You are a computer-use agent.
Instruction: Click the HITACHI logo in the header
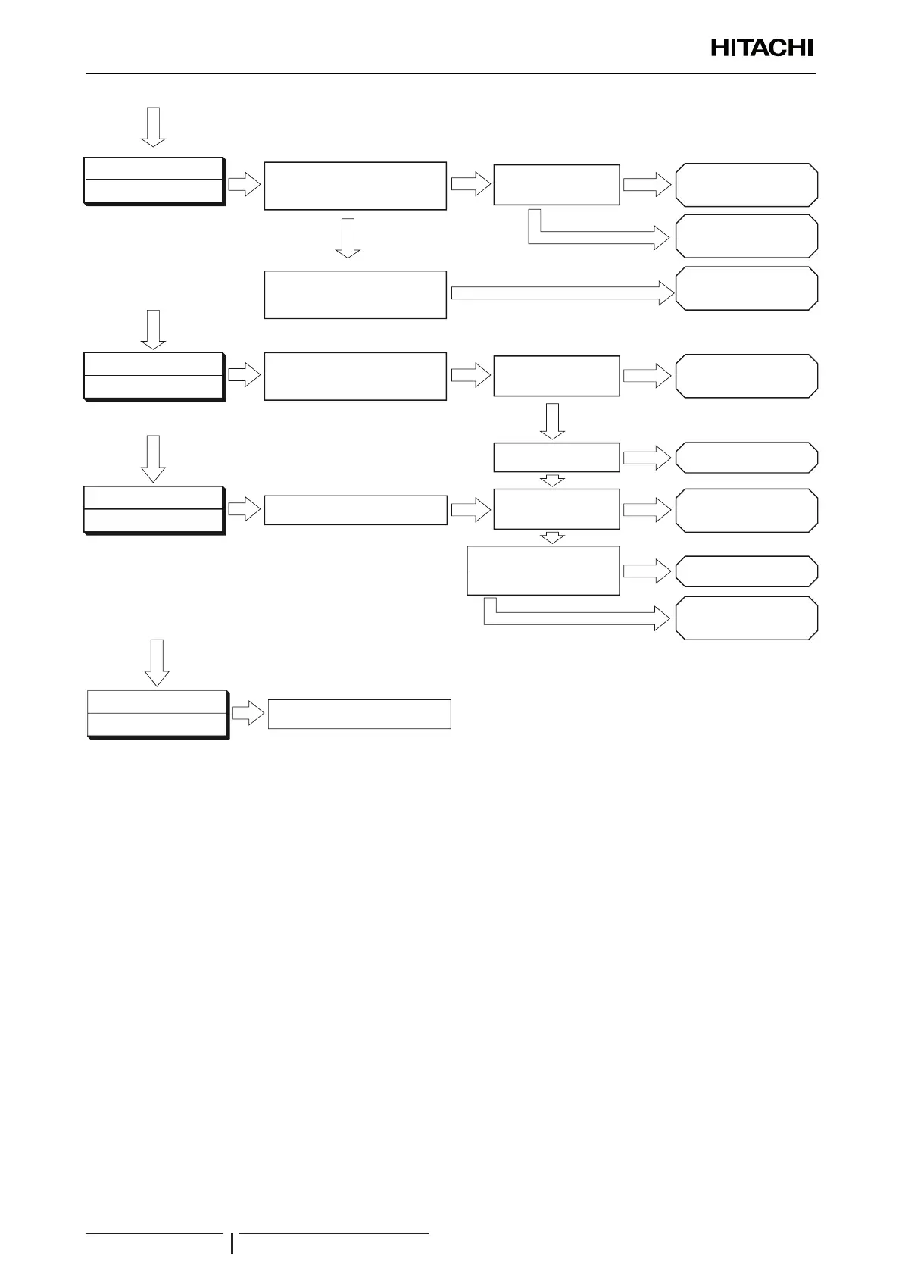761,48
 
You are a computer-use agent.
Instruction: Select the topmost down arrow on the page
154,127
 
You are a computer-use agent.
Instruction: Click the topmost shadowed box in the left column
154,181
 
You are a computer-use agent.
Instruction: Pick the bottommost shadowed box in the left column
158,714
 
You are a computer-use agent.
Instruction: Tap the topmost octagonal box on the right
746,184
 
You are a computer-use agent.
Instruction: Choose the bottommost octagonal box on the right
746,618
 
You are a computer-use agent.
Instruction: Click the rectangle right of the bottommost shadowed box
360,714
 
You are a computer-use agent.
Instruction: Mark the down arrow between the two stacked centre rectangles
348,238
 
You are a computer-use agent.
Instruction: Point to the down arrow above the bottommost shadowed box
158,662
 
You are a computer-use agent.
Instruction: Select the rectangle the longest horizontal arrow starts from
355,294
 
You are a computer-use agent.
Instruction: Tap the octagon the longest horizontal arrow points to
746,288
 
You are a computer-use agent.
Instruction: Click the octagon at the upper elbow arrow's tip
746,236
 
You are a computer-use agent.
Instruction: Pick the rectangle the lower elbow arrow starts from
544,570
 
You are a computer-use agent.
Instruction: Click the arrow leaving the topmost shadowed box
244,184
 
